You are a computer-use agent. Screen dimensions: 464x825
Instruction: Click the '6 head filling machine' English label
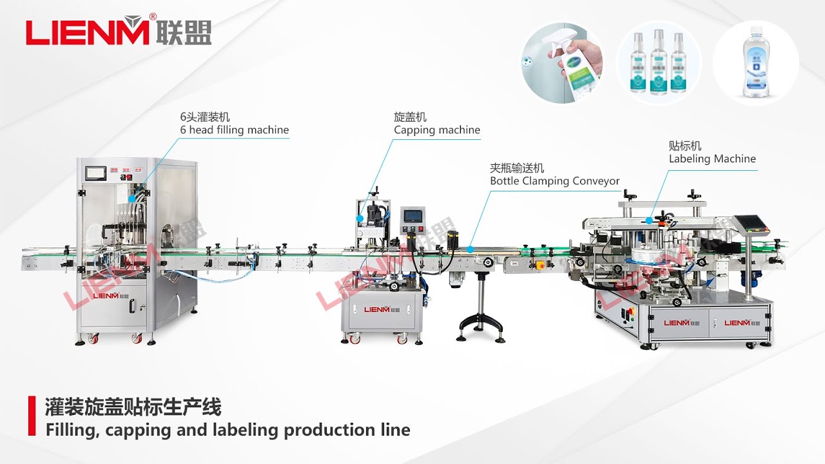coord(234,130)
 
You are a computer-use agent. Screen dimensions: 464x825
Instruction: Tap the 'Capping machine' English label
coord(437,130)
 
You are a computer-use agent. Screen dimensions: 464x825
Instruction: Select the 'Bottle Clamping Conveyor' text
coord(554,181)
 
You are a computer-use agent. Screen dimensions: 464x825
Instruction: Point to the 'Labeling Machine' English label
coord(712,159)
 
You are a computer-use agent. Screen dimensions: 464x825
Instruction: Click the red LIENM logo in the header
coord(87,32)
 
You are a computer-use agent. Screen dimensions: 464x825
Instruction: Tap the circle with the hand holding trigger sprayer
coord(563,63)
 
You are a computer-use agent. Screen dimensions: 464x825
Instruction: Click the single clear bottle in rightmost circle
coord(755,63)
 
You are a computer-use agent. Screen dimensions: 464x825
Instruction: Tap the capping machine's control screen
coord(412,217)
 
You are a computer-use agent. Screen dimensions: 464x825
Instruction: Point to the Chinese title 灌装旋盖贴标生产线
coord(133,407)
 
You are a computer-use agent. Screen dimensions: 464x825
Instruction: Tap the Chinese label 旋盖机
coord(410,117)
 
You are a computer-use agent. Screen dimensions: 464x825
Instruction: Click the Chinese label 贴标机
coord(684,146)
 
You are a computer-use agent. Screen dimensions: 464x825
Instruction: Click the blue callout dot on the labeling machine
coord(650,220)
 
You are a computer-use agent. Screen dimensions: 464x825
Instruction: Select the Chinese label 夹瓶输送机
coord(516,168)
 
